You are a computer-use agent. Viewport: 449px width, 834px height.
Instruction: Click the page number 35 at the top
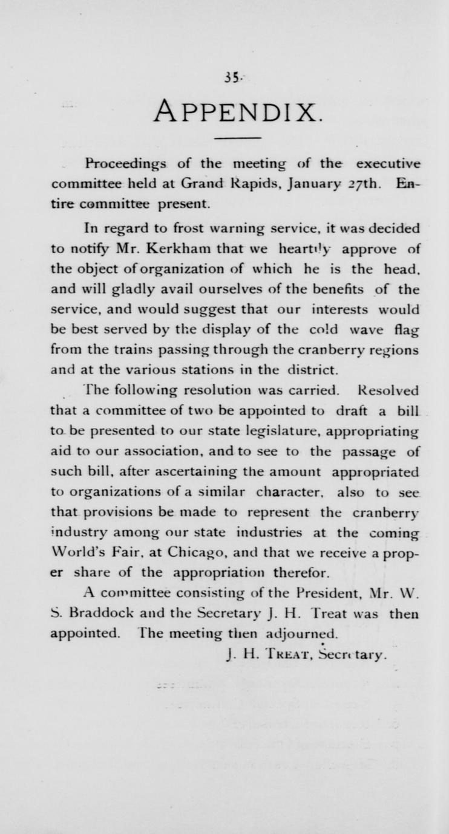click(x=230, y=77)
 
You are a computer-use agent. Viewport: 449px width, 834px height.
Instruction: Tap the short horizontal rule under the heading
click(x=229, y=139)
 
